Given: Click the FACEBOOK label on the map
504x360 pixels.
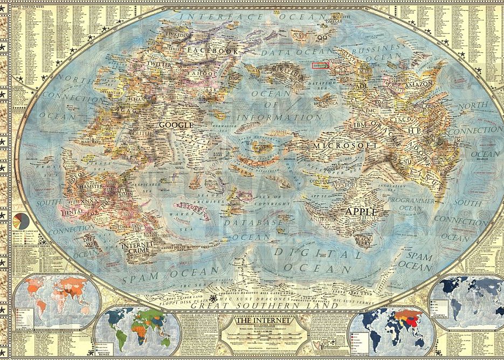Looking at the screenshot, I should coord(212,51).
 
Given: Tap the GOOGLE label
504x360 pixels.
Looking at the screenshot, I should coord(175,124).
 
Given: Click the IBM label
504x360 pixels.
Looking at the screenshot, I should coord(360,125).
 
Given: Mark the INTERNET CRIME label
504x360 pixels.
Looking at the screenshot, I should coord(138,247).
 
